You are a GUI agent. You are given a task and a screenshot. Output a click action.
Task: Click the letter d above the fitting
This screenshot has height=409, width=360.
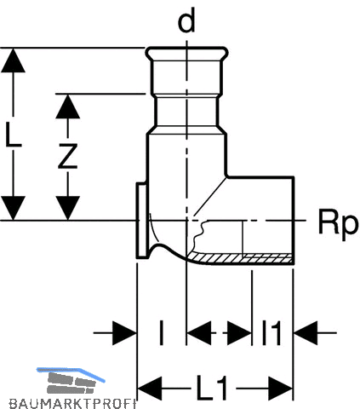coord(186,20)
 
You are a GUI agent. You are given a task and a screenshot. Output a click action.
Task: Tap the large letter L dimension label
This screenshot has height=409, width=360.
coord(13,135)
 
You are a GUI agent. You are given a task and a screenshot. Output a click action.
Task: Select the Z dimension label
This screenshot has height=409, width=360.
coord(68,156)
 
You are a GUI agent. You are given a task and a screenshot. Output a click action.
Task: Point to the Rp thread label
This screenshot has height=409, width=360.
coord(338,222)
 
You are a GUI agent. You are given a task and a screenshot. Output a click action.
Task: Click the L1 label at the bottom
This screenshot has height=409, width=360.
coord(213,388)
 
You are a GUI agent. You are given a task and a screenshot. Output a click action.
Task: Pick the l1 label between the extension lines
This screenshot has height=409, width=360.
coord(271,332)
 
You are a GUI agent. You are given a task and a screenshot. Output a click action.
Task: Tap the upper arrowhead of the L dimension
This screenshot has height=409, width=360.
coord(13,60)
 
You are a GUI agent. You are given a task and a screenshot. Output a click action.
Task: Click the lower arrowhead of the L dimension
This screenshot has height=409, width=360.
coord(13,208)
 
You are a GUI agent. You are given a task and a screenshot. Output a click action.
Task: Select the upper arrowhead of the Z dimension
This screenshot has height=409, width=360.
coord(67,107)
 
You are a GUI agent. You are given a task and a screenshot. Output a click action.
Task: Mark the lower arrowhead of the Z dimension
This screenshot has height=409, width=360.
coord(67,208)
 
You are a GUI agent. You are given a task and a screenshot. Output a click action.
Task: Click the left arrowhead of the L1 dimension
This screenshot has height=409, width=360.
coord(150,389)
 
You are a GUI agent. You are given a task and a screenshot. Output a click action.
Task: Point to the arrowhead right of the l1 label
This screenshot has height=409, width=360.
coord(306,332)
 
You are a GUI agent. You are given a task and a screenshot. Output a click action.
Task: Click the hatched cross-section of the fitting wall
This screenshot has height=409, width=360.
coord(241,258)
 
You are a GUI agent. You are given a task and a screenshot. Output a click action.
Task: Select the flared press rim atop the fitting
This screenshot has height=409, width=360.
coord(187,53)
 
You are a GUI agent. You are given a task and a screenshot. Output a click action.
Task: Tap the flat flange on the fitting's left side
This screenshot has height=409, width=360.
coord(141,221)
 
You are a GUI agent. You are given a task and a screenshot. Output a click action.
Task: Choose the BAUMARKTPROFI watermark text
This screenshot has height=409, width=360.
coord(72,404)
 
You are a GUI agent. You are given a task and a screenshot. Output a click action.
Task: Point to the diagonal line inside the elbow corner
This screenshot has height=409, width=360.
coord(210,196)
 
